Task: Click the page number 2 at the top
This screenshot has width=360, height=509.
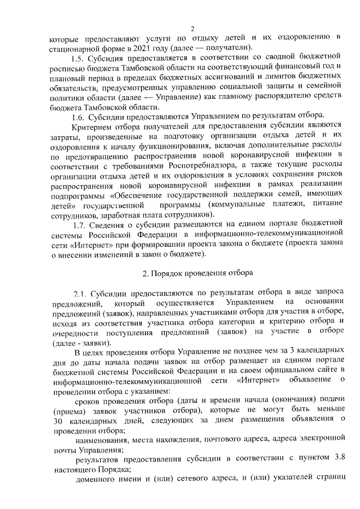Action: coord(192,29)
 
